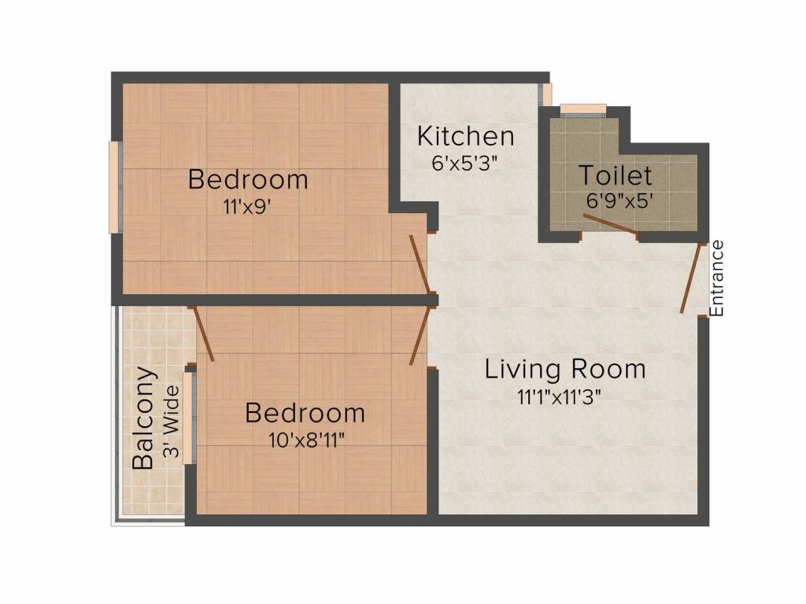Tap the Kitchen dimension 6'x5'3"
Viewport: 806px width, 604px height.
pos(465,163)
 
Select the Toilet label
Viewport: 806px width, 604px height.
pos(615,175)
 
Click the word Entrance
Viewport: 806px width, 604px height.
pos(716,278)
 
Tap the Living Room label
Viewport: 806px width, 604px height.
pos(564,368)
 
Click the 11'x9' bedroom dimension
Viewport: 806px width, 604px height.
pos(248,208)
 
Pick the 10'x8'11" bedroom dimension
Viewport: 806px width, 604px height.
pos(305,439)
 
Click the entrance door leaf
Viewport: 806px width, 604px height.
pos(692,278)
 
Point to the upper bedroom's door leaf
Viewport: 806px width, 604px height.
pos(420,266)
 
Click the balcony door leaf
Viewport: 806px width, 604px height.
pos(203,334)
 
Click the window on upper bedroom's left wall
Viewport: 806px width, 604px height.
pos(114,186)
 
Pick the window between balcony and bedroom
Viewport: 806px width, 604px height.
pos(189,417)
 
